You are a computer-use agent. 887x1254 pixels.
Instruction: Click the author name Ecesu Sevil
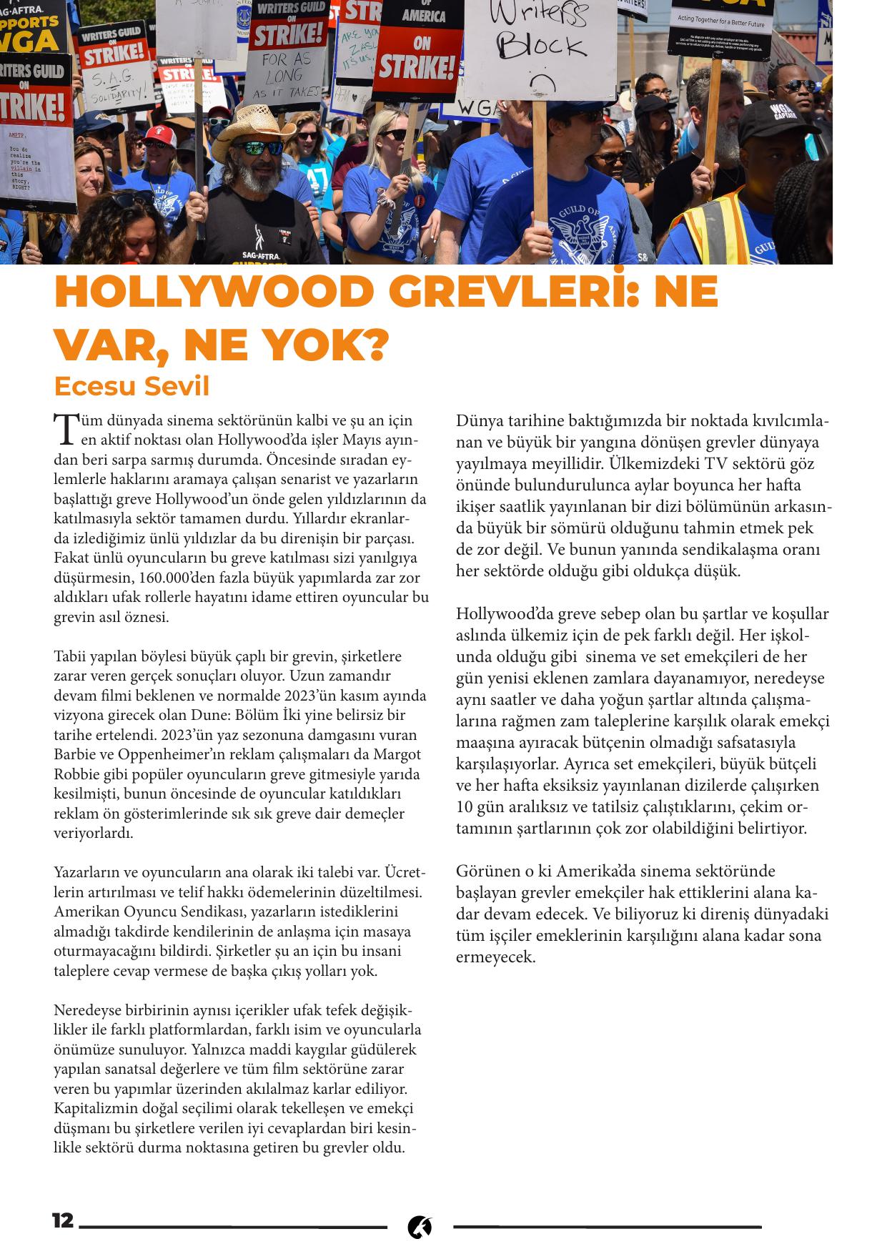(x=132, y=386)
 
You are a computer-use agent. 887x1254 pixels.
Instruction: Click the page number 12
(x=63, y=1220)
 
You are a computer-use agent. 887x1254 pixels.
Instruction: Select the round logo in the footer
(x=420, y=1227)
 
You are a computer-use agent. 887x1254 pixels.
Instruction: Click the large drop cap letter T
(x=64, y=428)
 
